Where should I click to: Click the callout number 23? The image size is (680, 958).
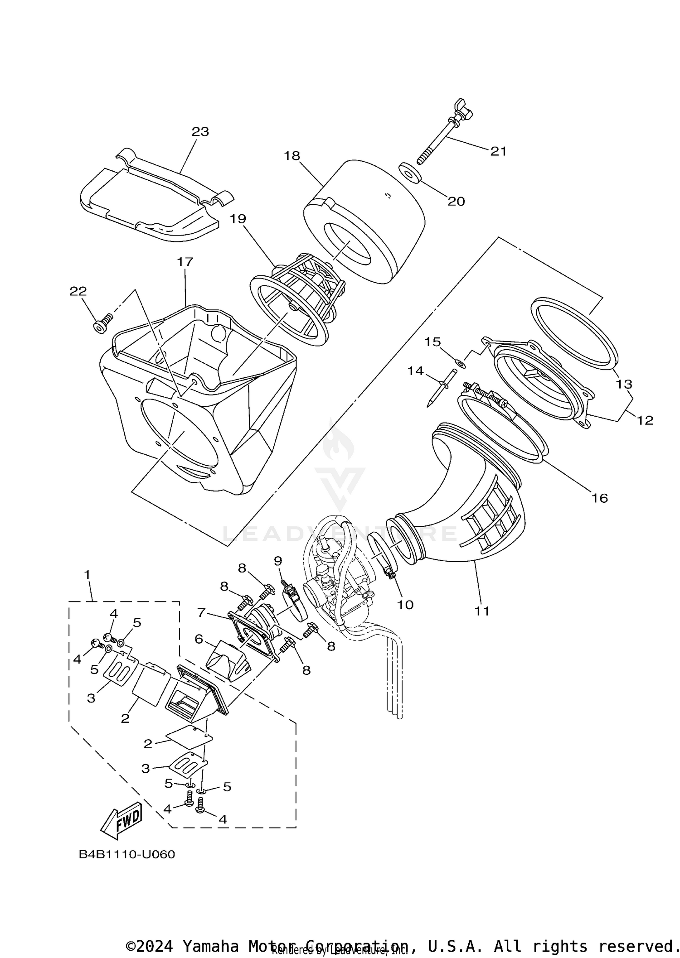(200, 132)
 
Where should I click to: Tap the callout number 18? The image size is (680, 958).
(292, 156)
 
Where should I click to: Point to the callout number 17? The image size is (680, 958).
(185, 262)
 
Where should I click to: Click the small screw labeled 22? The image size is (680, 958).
(102, 325)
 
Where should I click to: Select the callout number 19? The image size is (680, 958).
(238, 219)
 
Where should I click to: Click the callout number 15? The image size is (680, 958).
(432, 342)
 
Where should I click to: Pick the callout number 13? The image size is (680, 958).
(624, 384)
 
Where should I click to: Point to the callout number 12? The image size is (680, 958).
(645, 420)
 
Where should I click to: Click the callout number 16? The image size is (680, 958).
(599, 498)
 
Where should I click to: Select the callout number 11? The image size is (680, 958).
(482, 611)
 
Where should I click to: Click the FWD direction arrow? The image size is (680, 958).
(121, 821)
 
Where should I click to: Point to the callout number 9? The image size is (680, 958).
(278, 561)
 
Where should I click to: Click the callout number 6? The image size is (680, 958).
(199, 639)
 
